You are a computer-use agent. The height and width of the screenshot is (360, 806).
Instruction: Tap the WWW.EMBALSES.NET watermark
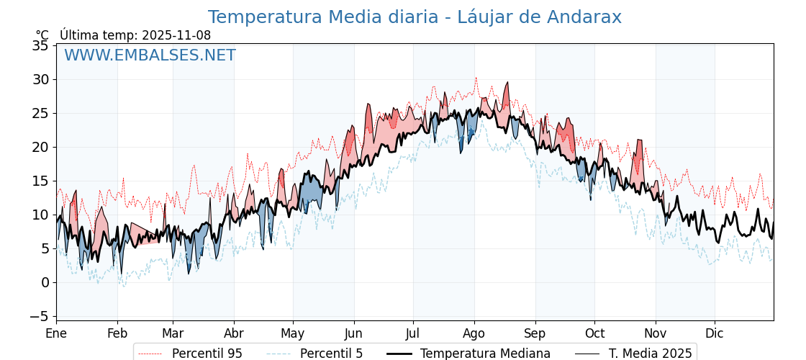click(x=150, y=55)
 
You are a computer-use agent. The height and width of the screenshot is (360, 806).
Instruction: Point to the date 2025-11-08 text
click(x=176, y=35)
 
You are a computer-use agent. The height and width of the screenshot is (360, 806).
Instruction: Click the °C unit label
click(x=42, y=35)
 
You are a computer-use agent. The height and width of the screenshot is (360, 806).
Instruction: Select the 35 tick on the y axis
click(x=41, y=46)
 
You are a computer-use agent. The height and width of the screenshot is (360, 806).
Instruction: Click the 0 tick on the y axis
click(x=45, y=282)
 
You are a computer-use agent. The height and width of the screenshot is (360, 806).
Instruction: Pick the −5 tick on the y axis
click(x=41, y=316)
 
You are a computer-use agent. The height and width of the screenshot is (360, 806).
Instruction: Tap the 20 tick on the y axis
click(x=41, y=148)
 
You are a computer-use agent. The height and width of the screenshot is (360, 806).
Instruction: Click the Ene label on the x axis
click(x=56, y=333)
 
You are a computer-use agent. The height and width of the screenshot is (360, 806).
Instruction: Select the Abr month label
click(x=234, y=333)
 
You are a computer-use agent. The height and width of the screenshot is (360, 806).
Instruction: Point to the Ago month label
click(x=474, y=333)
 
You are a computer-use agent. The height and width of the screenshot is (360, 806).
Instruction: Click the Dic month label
click(x=715, y=333)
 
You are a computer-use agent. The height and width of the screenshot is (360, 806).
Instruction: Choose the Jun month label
click(x=354, y=333)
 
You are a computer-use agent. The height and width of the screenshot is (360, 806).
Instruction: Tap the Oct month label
click(x=594, y=333)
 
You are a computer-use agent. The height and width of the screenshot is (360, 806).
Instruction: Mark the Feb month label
click(x=117, y=333)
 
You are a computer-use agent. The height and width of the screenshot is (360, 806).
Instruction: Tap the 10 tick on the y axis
click(x=41, y=215)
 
